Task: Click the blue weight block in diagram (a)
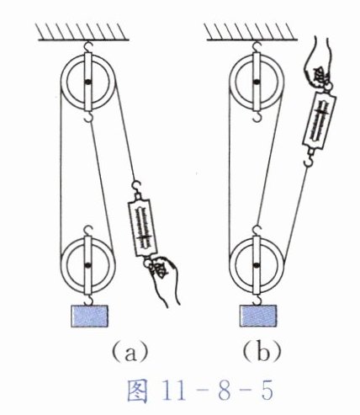90,316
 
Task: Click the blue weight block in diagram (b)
258,316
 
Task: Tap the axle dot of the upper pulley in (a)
88,82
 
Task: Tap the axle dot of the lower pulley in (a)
88,264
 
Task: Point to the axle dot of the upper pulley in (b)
256,82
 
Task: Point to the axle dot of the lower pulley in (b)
256,264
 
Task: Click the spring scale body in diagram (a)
142,226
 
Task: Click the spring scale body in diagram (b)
320,120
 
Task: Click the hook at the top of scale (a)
136,188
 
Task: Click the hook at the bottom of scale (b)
310,159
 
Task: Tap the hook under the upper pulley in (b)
257,116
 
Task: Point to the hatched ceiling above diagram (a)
83,32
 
